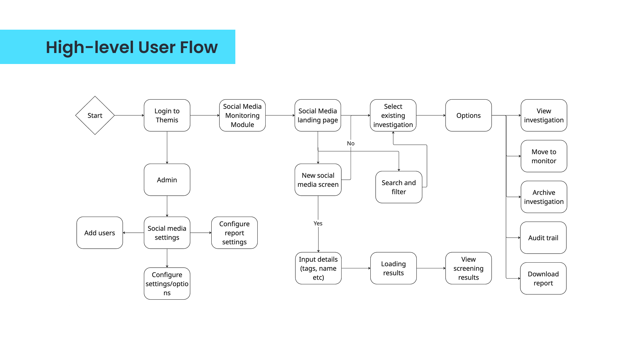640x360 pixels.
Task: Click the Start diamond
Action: (95, 115)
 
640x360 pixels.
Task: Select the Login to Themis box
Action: (167, 115)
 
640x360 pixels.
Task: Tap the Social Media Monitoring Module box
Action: (242, 115)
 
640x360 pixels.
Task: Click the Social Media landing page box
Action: (318, 115)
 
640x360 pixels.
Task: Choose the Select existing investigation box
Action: (393, 115)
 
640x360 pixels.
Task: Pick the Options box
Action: (468, 115)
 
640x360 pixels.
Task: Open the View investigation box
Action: (544, 115)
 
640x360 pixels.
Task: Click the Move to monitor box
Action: (544, 156)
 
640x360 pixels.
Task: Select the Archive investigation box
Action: (544, 197)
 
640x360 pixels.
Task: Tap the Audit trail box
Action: (543, 238)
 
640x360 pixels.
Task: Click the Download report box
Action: (543, 278)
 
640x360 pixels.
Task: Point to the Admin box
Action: (167, 180)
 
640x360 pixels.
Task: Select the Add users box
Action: (100, 233)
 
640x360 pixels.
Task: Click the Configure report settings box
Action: (234, 233)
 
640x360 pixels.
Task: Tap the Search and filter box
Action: (399, 187)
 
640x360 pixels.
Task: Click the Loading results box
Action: (393, 268)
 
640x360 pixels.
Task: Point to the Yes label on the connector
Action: (318, 223)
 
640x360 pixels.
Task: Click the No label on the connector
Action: (351, 143)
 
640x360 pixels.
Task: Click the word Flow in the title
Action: (199, 47)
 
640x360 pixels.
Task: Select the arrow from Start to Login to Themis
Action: (129, 115)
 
